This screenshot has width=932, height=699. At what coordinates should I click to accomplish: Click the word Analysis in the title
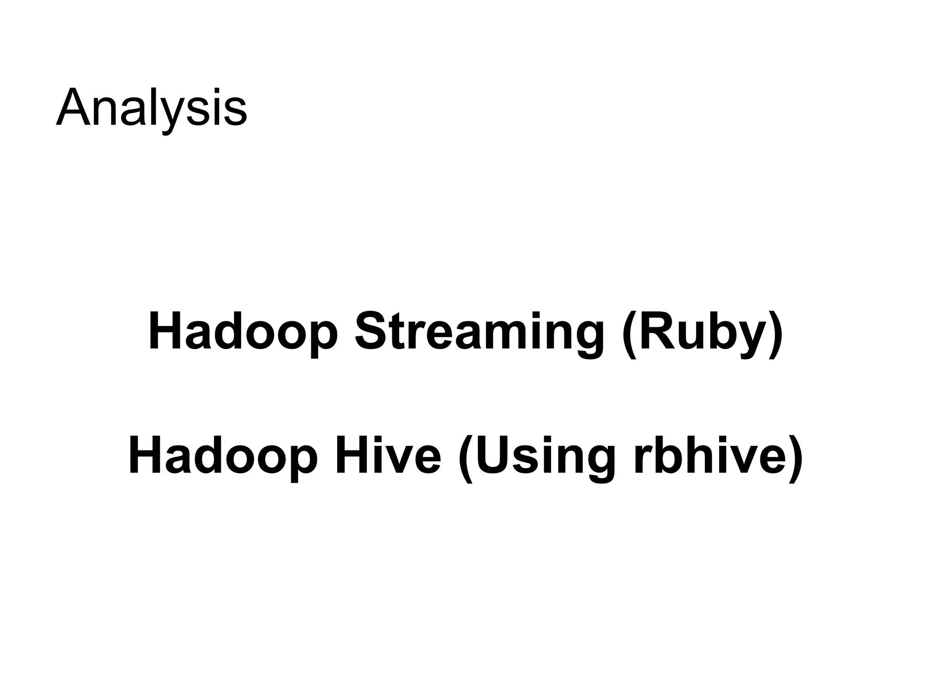coord(152,109)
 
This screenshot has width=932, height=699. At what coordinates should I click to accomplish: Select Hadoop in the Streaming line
coord(243,331)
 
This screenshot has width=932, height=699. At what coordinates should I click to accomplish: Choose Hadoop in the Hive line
coord(223,455)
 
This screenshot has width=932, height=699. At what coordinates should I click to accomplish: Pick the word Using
coord(546,455)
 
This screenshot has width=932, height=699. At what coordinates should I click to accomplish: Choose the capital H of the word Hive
coord(350,455)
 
